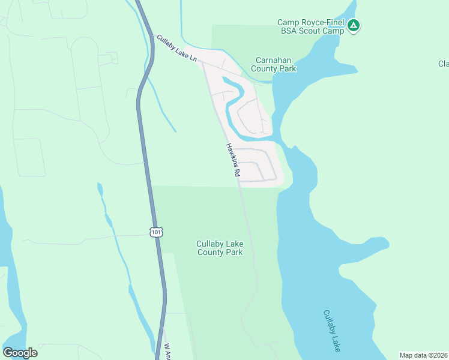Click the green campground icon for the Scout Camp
354,25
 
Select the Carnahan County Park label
276,64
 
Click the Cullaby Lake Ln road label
178,50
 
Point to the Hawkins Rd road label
233,159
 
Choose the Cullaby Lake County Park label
220,248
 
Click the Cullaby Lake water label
332,331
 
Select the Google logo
20,353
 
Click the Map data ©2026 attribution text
423,355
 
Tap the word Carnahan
276,60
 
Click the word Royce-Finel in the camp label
322,23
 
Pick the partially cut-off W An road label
167,351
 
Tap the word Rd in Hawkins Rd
238,172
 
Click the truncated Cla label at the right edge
443,64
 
